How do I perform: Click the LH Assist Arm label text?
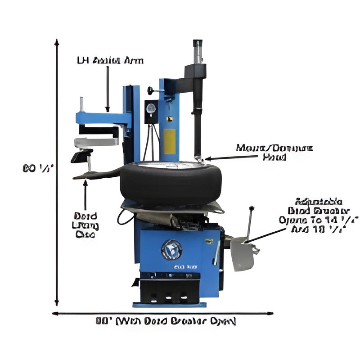(111, 60)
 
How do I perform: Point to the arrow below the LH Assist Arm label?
(108, 90)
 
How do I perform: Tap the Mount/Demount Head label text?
(274, 153)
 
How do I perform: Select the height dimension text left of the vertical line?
(38, 168)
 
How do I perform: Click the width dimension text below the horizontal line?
(166, 321)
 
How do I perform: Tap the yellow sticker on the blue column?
(169, 140)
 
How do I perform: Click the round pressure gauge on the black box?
(151, 108)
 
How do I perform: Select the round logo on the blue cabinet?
(171, 249)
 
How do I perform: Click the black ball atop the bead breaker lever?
(251, 208)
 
